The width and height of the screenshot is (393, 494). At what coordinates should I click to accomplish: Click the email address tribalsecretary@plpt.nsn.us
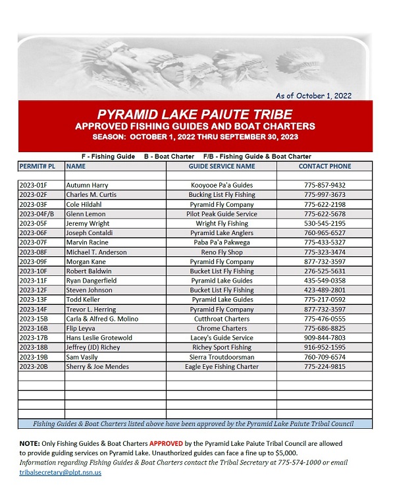(60, 472)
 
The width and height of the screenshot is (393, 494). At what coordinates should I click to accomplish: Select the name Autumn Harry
(87, 185)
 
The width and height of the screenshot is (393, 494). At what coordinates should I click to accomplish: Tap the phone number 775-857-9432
(325, 185)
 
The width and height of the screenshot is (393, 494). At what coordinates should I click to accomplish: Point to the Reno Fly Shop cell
(221, 252)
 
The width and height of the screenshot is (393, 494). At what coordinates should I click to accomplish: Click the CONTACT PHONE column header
(325, 166)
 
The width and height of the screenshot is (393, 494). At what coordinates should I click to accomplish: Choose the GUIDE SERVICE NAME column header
(221, 166)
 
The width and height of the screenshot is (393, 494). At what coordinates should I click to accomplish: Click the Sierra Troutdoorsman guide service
(221, 357)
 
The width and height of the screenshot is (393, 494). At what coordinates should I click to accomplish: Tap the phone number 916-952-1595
(325, 347)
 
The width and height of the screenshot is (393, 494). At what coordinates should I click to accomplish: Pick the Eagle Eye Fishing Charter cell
(221, 366)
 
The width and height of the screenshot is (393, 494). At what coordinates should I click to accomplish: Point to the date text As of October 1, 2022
(313, 96)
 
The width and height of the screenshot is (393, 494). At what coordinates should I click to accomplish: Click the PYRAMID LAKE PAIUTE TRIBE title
(195, 114)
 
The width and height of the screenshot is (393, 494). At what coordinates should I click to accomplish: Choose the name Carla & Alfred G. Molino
(102, 319)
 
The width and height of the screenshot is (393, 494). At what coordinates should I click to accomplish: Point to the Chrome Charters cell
(221, 328)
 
